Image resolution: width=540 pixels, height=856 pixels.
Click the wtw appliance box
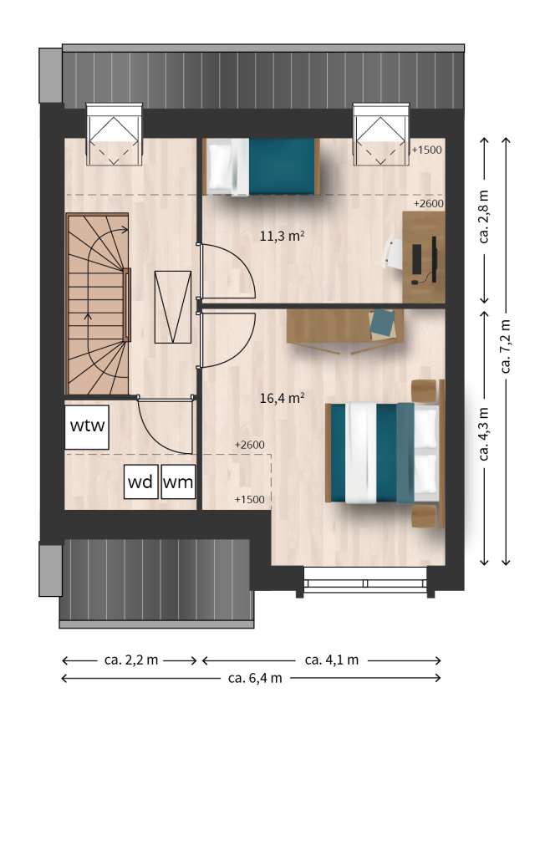coord(87,427)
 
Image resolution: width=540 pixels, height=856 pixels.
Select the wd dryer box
coord(141,481)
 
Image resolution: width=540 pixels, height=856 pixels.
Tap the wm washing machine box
coord(179,481)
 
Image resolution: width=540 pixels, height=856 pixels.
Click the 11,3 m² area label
coord(282,236)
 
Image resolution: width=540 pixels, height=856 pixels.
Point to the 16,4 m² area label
coord(282,398)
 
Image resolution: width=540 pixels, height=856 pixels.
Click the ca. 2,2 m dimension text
coord(131,660)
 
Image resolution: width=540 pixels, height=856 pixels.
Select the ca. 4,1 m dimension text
coord(331,660)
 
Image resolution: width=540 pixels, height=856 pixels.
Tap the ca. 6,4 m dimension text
coord(255,678)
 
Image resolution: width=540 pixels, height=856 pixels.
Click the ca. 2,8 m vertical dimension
coord(484,217)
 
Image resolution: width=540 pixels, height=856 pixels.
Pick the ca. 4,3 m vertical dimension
coord(484,434)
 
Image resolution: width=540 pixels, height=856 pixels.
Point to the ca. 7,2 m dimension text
coord(506,346)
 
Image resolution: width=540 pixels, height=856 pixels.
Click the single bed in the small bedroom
coord(261,166)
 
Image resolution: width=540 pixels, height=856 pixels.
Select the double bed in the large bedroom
coord(385,452)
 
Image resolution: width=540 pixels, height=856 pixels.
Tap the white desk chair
coord(393,252)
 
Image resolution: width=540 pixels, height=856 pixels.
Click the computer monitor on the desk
coord(434,259)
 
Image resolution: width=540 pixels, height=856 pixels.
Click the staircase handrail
coord(127,304)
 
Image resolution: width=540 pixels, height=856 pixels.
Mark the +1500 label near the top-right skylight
coord(427,150)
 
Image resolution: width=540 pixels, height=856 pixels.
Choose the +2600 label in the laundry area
coord(250,445)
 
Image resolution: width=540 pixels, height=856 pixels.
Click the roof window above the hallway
coord(115,135)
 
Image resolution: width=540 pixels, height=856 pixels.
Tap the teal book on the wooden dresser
coord(382,324)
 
